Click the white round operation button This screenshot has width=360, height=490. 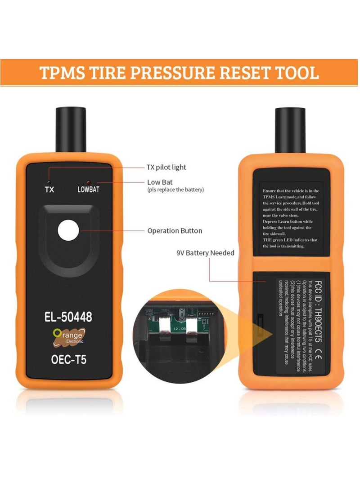point(68,231)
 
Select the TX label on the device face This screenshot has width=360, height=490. point(49,190)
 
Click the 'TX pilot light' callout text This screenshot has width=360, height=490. point(166,167)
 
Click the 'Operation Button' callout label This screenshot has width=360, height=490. point(175,231)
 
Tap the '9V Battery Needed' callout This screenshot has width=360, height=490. point(205,253)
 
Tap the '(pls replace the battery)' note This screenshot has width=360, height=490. point(175,190)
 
